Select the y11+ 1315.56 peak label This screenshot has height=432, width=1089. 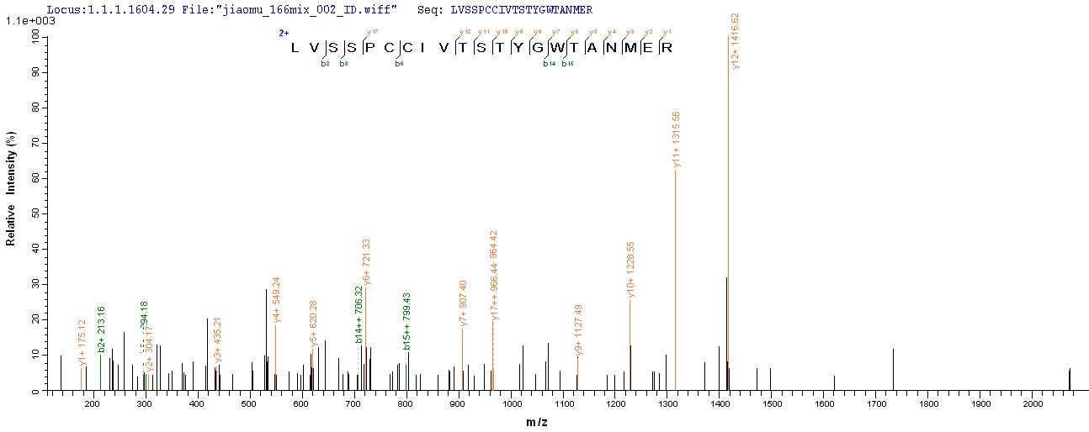point(677,140)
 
